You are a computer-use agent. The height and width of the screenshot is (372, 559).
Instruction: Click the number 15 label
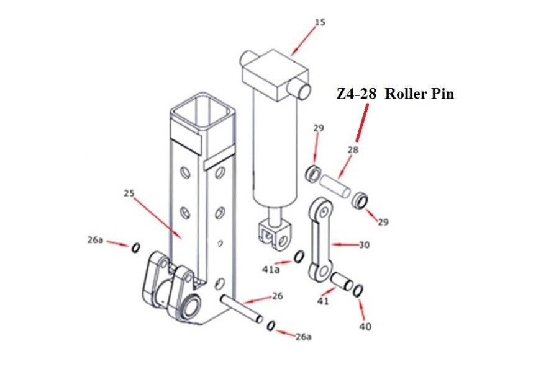pos(320,22)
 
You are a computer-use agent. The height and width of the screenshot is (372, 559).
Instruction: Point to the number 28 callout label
pos(352,150)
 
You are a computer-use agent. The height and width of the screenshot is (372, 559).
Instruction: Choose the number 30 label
pos(365,245)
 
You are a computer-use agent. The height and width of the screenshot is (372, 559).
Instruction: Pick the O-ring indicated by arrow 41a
pos(299,257)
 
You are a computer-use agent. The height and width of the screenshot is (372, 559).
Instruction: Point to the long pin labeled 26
pos(243,308)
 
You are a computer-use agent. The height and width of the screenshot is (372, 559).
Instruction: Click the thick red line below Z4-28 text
pos(361,123)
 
